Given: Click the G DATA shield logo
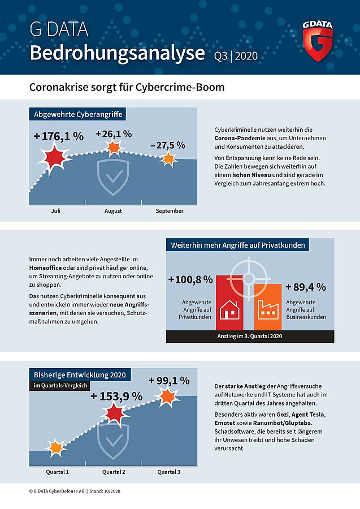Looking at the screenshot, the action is tap(318, 41).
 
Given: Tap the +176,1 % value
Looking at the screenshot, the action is tap(59, 136).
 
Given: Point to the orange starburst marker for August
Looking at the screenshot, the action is tap(114, 148).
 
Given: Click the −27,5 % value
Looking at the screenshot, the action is tap(168, 145).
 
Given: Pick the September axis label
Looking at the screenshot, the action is tap(170, 211).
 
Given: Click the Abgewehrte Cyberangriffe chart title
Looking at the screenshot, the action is tap(78, 114).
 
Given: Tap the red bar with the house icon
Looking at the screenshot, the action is tap(229, 303).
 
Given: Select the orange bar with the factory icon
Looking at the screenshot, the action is tap(268, 307).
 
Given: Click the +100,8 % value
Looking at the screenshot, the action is tap(190, 279).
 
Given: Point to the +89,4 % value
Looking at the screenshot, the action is tap(306, 287).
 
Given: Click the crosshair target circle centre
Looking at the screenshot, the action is tap(249, 278).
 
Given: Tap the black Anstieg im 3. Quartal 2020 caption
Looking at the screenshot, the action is tap(250, 337).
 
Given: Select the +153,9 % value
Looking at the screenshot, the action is tap(116, 396).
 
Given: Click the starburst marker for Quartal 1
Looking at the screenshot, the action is tap(55, 448).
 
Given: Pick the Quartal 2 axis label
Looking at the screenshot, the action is tap(114, 472).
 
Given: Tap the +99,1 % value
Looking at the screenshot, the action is tap(169, 381).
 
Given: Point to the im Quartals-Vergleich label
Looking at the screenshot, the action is tap(60, 386).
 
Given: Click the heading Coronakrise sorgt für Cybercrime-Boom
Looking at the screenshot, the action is tap(127, 87).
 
